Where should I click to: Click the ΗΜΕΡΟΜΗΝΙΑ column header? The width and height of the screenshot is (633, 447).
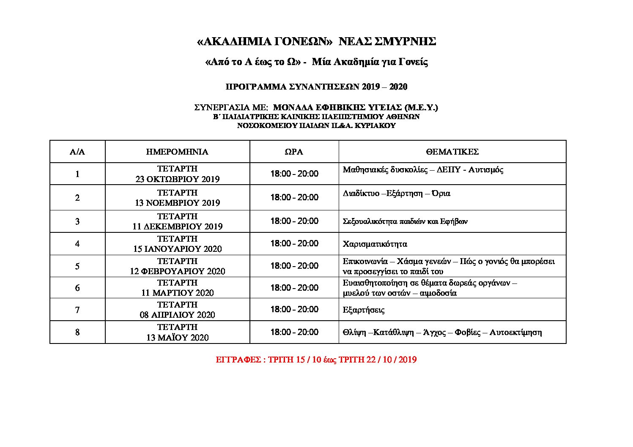(177, 152)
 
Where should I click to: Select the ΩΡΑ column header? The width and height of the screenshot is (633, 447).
(294, 152)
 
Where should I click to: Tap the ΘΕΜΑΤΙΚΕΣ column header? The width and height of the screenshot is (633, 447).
(452, 152)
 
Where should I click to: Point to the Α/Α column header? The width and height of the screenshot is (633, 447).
(77, 152)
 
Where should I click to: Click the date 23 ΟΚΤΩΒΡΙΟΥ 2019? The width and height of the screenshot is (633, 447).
(177, 179)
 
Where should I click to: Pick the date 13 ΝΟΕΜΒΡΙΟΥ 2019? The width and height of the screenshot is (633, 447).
(177, 203)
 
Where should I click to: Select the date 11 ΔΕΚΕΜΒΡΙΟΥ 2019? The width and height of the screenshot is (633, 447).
(177, 226)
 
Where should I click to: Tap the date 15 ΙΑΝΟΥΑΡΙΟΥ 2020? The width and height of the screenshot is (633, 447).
(177, 249)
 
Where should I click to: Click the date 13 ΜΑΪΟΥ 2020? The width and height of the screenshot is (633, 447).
(177, 338)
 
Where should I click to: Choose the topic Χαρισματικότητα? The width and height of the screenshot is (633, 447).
(375, 244)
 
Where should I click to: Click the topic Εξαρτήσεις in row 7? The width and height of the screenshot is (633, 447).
(363, 310)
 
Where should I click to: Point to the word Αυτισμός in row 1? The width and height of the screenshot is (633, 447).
(486, 170)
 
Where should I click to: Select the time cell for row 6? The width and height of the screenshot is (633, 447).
(294, 288)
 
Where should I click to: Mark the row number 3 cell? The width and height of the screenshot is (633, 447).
(77, 221)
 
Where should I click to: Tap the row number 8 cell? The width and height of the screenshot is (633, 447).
(77, 332)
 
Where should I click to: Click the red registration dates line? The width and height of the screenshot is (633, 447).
(316, 360)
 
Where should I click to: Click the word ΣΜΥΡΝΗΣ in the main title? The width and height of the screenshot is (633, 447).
(405, 41)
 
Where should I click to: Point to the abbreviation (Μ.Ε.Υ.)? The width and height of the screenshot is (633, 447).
(421, 107)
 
